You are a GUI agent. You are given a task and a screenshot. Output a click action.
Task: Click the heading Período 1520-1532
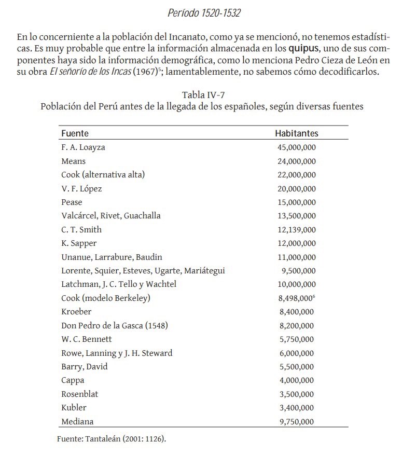point(204,13)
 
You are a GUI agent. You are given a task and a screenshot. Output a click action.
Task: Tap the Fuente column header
point(75,133)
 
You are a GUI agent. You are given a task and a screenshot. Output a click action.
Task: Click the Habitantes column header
point(296,133)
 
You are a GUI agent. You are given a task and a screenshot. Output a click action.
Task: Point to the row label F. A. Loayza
point(83,147)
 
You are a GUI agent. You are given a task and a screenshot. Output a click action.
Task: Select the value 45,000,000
point(296,147)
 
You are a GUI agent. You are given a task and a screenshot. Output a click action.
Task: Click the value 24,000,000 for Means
point(296,161)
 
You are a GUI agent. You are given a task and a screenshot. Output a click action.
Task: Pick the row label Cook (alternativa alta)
point(103,175)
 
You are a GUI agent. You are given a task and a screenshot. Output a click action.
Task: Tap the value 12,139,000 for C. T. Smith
point(296,230)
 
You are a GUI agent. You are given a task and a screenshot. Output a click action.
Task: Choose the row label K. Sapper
point(79,243)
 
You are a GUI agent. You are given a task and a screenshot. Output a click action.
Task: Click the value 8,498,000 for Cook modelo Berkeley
point(295,298)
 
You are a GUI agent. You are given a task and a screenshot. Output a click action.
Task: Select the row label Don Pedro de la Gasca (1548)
point(115,326)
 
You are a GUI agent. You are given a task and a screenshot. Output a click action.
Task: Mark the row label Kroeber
point(76,312)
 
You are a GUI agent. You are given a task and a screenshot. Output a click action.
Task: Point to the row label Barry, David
point(84,367)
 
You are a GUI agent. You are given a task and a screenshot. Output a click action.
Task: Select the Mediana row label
point(77,422)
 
